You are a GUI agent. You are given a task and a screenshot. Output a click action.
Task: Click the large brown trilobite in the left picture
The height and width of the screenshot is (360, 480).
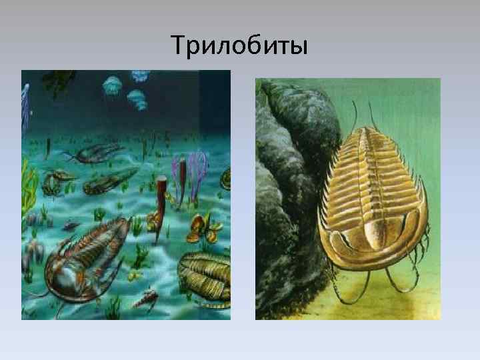(x=83, y=257)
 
